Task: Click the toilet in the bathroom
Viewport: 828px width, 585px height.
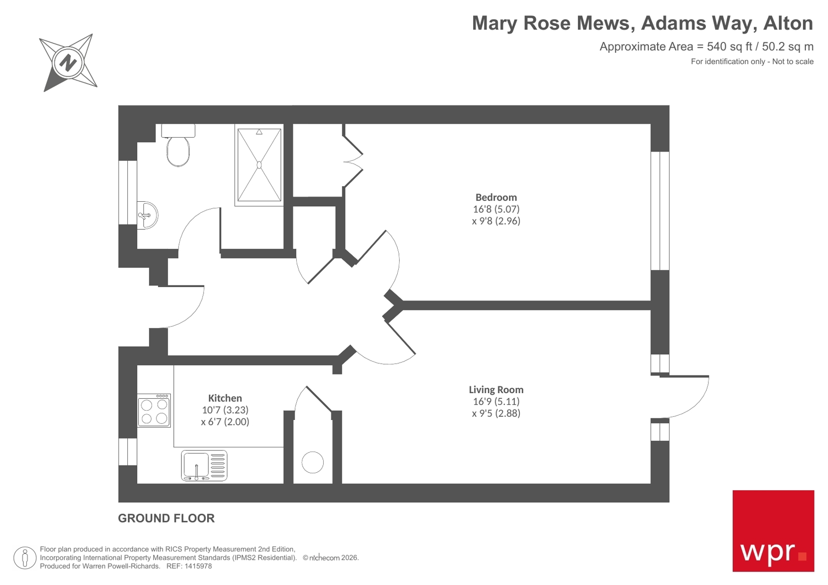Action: (178, 147)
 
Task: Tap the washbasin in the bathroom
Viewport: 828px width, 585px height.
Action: (148, 215)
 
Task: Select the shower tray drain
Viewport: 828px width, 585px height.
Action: (259, 165)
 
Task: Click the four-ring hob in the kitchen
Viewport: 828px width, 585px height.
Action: (154, 411)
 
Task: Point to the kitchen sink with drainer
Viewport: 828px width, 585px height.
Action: (204, 466)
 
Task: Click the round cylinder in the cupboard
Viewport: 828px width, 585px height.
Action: (313, 462)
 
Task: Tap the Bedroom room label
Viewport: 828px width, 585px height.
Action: (496, 197)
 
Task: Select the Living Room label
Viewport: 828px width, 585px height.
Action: (496, 389)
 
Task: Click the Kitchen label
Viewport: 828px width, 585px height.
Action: (225, 398)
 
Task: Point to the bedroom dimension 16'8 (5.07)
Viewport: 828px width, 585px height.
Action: (496, 209)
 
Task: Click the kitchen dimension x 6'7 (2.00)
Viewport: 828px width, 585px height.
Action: (225, 422)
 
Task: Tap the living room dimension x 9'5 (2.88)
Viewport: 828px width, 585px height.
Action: (496, 413)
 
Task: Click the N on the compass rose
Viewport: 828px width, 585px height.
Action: (68, 63)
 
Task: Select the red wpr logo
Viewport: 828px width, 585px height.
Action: (773, 531)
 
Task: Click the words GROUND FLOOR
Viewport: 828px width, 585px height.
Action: (166, 518)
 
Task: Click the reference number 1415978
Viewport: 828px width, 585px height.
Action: (197, 566)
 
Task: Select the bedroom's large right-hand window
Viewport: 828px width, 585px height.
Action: (660, 211)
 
